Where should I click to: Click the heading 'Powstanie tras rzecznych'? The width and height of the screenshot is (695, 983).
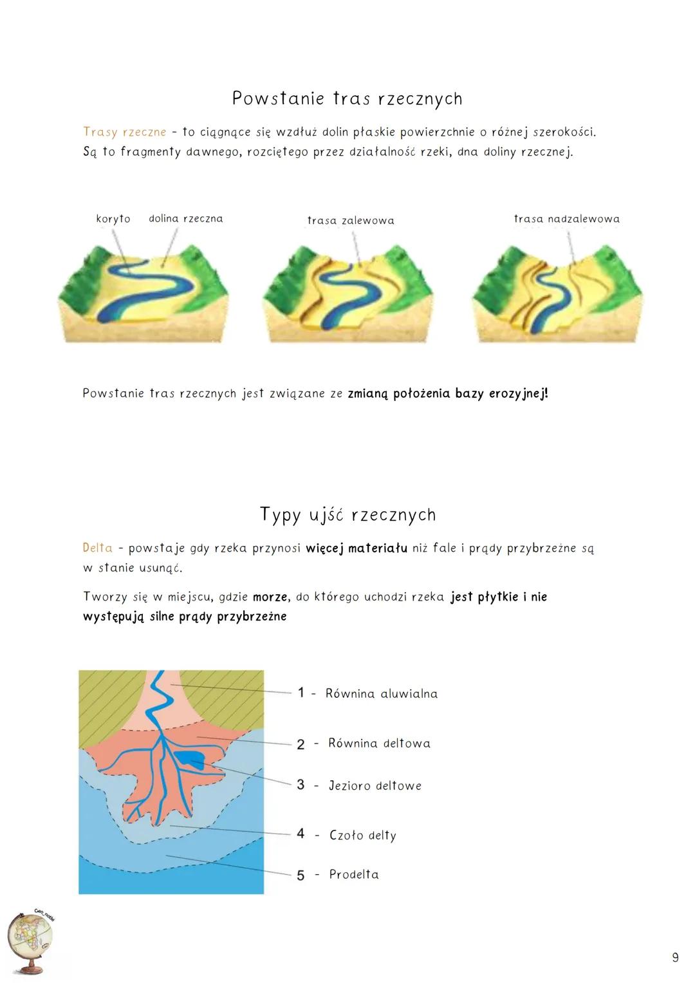347,98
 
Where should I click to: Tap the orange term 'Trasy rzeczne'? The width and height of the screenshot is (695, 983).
125,132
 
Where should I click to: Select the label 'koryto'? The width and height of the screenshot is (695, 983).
113,219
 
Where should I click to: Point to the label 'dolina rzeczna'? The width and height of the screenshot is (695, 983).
185,218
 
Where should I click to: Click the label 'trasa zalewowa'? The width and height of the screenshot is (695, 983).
351,220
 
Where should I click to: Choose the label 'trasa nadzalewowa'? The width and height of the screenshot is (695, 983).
567,218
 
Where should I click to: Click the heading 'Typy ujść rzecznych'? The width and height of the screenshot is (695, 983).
348,515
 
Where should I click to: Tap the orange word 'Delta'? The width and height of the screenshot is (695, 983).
97,548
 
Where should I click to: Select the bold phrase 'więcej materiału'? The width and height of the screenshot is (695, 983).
357,548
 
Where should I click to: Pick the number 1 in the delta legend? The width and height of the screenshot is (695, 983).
301,692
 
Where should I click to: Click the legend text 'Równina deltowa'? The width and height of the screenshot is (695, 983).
379,743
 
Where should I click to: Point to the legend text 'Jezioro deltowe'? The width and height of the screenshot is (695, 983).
375,785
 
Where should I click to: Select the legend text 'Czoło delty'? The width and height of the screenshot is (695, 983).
363,835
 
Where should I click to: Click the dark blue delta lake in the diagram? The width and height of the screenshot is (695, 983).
191,758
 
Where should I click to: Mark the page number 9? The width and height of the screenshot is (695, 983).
675,957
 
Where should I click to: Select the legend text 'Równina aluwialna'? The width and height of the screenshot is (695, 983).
381,693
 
